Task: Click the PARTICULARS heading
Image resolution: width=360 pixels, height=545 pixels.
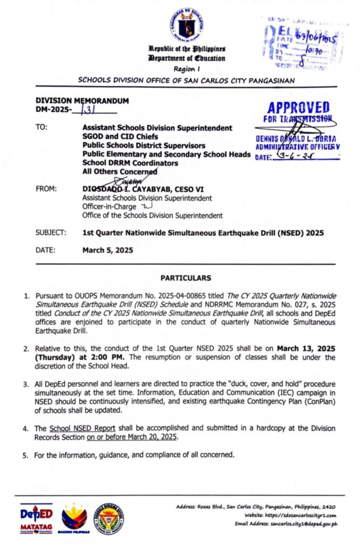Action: pos(186,278)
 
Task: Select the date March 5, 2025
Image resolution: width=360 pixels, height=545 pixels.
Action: pos(108,250)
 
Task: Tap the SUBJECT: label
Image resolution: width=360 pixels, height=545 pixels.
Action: pos(51,233)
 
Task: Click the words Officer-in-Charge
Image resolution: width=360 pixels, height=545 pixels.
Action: pos(106,207)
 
